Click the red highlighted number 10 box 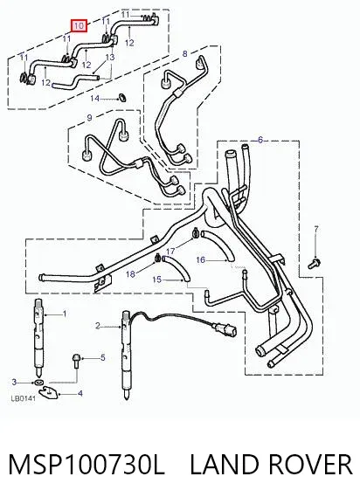pyautogui.click(x=79, y=25)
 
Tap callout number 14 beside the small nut pyautogui.click(x=94, y=99)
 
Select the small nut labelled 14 pyautogui.click(x=121, y=97)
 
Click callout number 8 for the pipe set pyautogui.click(x=184, y=53)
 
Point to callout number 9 pyautogui.click(x=89, y=118)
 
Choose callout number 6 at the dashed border pyautogui.click(x=260, y=140)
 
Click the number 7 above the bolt pyautogui.click(x=316, y=229)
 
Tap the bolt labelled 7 pyautogui.click(x=313, y=263)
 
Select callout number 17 pyautogui.click(x=170, y=251)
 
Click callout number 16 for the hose pyautogui.click(x=200, y=259)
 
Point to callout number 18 pyautogui.click(x=130, y=274)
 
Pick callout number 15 pyautogui.click(x=156, y=280)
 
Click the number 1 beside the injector pyautogui.click(x=65, y=314)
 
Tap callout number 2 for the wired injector pyautogui.click(x=98, y=326)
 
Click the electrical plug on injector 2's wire pyautogui.click(x=226, y=329)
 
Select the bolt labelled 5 pyautogui.click(x=77, y=361)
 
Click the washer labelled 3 pyautogui.click(x=39, y=383)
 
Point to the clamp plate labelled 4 pyautogui.click(x=49, y=392)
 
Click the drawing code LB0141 pyautogui.click(x=23, y=399)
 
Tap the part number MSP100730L pyautogui.click(x=87, y=465)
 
